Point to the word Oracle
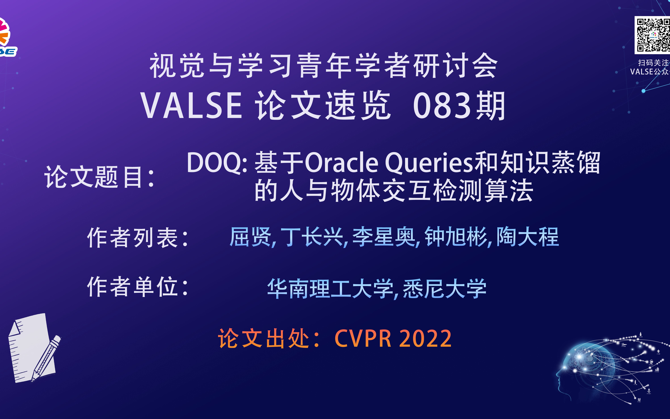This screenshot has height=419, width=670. point(341,163)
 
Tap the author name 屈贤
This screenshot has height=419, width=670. point(251,237)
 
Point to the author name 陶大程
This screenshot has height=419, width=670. point(527,237)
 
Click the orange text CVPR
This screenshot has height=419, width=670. point(363,339)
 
